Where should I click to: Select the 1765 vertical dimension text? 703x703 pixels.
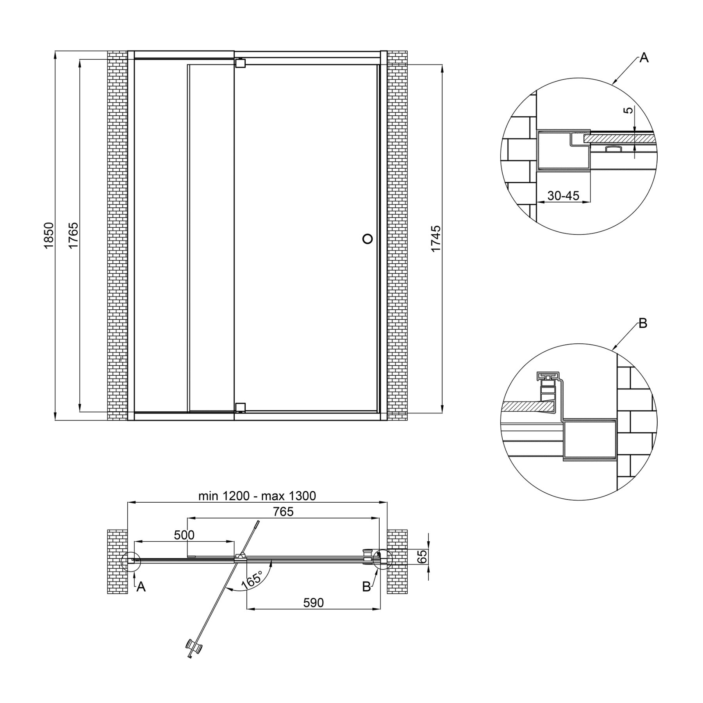tap(73, 235)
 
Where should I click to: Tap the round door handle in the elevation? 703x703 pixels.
tap(368, 239)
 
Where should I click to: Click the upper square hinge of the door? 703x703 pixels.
tap(240, 63)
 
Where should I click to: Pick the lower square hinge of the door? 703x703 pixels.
tap(240, 408)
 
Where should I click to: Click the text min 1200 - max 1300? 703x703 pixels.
tap(257, 496)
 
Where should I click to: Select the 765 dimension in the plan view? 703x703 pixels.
tap(283, 511)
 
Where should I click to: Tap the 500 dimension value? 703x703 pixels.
tap(184, 535)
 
